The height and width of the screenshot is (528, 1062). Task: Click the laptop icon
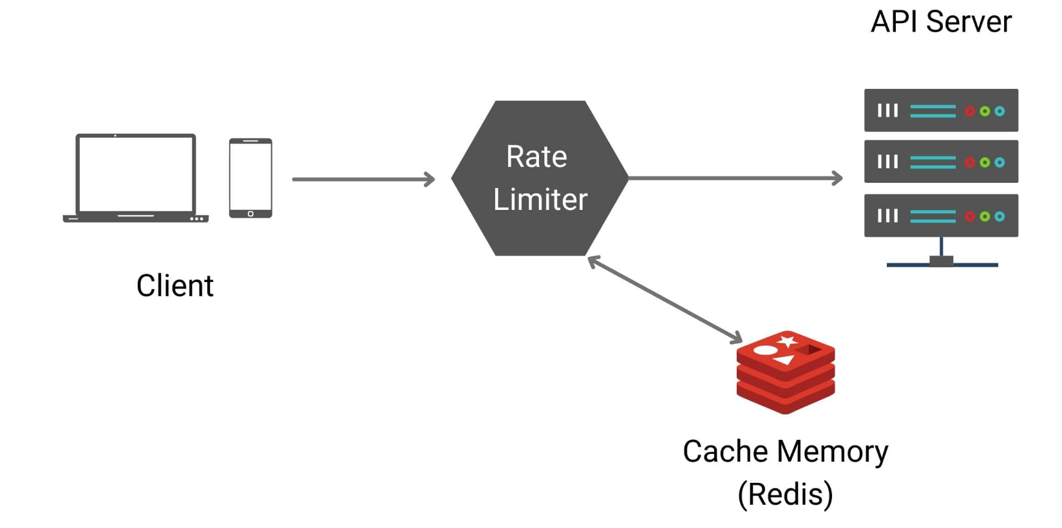pyautogui.click(x=135, y=178)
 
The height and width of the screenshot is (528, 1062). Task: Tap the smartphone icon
pyautogui.click(x=251, y=178)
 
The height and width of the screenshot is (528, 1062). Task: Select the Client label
pyautogui.click(x=175, y=285)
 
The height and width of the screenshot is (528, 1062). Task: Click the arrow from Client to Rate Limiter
pyautogui.click(x=363, y=179)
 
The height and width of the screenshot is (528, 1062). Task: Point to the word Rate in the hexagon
pyautogui.click(x=536, y=156)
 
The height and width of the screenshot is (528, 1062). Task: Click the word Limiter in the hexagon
pyautogui.click(x=540, y=199)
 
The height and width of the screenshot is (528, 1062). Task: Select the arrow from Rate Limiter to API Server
pyautogui.click(x=734, y=178)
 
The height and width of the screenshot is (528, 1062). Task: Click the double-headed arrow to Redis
pyautogui.click(x=665, y=299)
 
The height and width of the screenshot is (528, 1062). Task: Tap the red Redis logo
pyautogui.click(x=786, y=372)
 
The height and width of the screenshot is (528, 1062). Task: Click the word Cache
pyautogui.click(x=720, y=451)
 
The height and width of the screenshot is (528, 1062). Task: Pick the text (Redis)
pyautogui.click(x=785, y=495)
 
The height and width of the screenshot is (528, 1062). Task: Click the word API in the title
pyautogui.click(x=894, y=22)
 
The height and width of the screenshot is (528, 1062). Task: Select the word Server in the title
pyautogui.click(x=969, y=22)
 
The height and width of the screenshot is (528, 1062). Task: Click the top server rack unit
pyautogui.click(x=941, y=110)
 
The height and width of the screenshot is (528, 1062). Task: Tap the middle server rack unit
pyautogui.click(x=941, y=162)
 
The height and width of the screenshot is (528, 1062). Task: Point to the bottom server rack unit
pyautogui.click(x=941, y=216)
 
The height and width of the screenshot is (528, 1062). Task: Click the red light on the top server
pyautogui.click(x=970, y=111)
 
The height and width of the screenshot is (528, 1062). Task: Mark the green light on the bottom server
pyautogui.click(x=985, y=216)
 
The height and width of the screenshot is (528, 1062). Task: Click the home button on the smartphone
pyautogui.click(x=251, y=214)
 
